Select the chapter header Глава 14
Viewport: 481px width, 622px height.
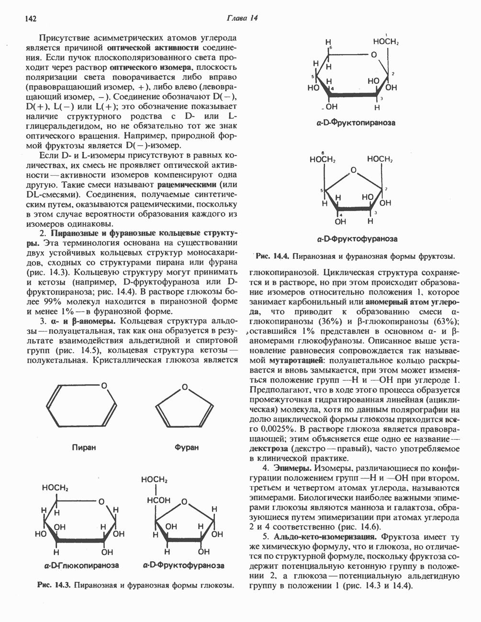click(242, 19)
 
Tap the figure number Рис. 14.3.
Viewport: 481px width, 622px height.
click(53, 585)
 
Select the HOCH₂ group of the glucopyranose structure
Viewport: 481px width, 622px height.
click(56, 488)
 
